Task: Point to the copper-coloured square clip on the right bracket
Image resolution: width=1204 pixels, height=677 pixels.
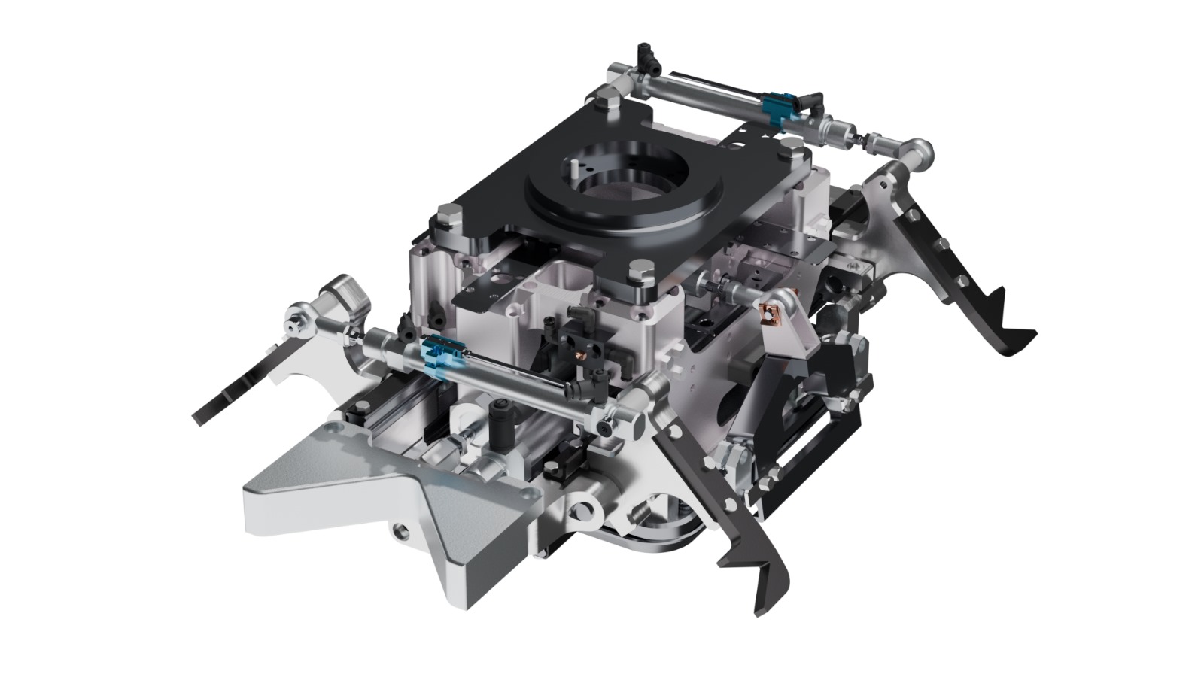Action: pyautogui.click(x=771, y=312)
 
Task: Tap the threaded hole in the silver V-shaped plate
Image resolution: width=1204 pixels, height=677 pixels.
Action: pyautogui.click(x=398, y=532)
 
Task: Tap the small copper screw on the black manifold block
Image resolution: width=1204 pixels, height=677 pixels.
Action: pyautogui.click(x=580, y=353)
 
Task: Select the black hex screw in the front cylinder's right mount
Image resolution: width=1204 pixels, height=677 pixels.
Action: pyautogui.click(x=607, y=426)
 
